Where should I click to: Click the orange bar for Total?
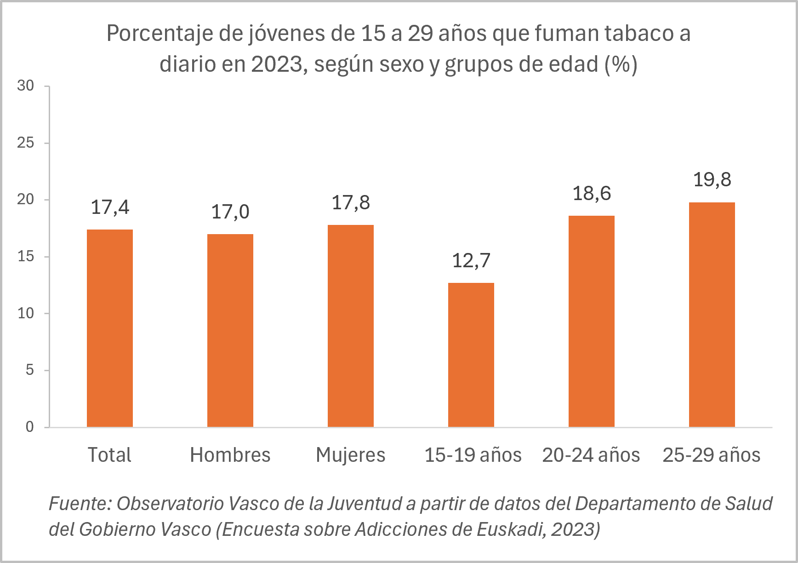tap(110, 328)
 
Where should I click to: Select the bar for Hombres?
tap(230, 330)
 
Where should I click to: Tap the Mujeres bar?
tap(351, 326)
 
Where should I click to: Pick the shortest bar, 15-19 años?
tap(471, 355)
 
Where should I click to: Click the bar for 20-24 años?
tap(592, 321)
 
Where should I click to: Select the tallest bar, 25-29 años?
tap(712, 315)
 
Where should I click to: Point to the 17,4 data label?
tap(110, 207)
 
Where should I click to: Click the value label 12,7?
tap(471, 261)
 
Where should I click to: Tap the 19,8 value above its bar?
tap(712, 180)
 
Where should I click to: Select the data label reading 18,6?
tap(592, 194)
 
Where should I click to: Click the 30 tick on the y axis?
tap(26, 86)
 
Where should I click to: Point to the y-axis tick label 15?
tap(26, 256)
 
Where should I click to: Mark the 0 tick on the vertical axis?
tap(29, 427)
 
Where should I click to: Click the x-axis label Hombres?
tap(230, 455)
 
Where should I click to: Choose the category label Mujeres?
tap(351, 455)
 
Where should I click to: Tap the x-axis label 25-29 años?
tap(712, 455)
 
